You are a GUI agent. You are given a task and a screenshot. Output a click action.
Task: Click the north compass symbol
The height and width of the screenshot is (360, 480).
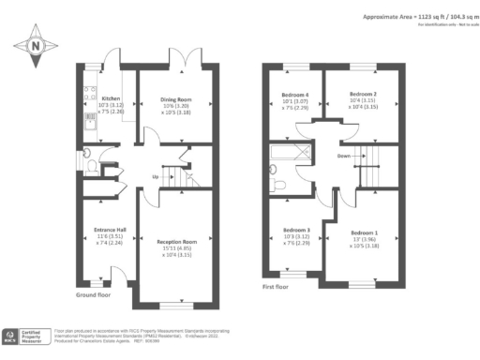coord(35,44)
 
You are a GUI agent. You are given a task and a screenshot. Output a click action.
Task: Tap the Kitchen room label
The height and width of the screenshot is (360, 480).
coord(111,97)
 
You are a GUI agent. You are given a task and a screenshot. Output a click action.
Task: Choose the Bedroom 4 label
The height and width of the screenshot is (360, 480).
coord(295,95)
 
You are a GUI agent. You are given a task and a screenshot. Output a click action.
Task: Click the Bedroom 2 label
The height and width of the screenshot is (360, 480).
coord(363,95)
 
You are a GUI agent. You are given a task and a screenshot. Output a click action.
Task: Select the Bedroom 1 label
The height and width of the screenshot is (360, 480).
coord(365,232)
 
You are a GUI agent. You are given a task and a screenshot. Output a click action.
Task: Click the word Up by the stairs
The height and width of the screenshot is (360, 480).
coord(156,175)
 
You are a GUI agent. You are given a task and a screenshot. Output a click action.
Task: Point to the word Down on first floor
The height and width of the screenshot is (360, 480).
coord(344,157)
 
